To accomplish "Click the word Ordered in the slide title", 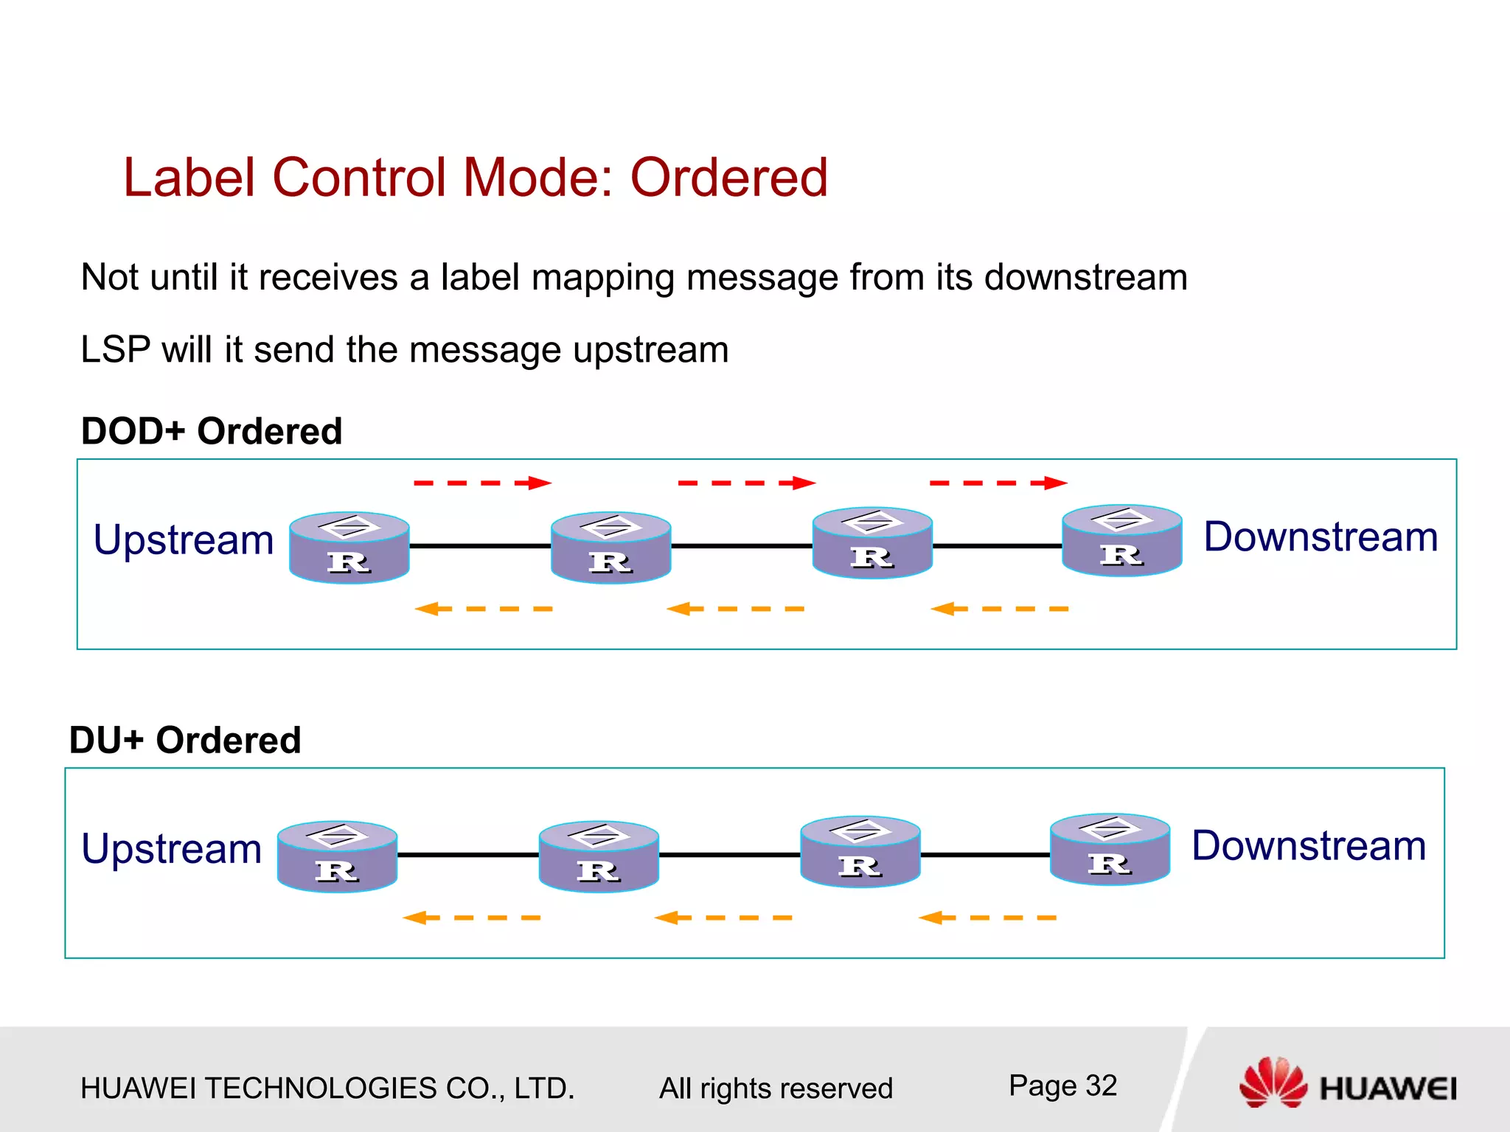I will (x=728, y=178).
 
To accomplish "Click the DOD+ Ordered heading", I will (x=212, y=431).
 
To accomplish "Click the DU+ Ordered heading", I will (x=185, y=740).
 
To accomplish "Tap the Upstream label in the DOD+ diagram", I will (x=184, y=539).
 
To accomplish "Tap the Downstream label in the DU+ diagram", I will (x=1309, y=845).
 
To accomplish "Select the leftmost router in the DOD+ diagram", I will (x=349, y=548).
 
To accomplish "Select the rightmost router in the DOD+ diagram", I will (x=1121, y=541).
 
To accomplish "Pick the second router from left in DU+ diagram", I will (x=599, y=857).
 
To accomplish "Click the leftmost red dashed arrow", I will (x=482, y=483).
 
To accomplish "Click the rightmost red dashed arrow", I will (x=998, y=483).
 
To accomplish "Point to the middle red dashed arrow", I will (x=746, y=483).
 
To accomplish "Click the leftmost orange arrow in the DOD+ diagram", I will (x=484, y=609).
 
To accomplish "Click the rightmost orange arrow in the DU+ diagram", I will (x=987, y=918).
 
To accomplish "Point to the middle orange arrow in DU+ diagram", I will (x=723, y=918).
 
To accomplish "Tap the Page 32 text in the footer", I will (x=1062, y=1086).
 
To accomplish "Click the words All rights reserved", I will (x=776, y=1089).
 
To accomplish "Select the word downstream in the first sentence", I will (x=1085, y=278).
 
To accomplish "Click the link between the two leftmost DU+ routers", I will (x=468, y=855).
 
